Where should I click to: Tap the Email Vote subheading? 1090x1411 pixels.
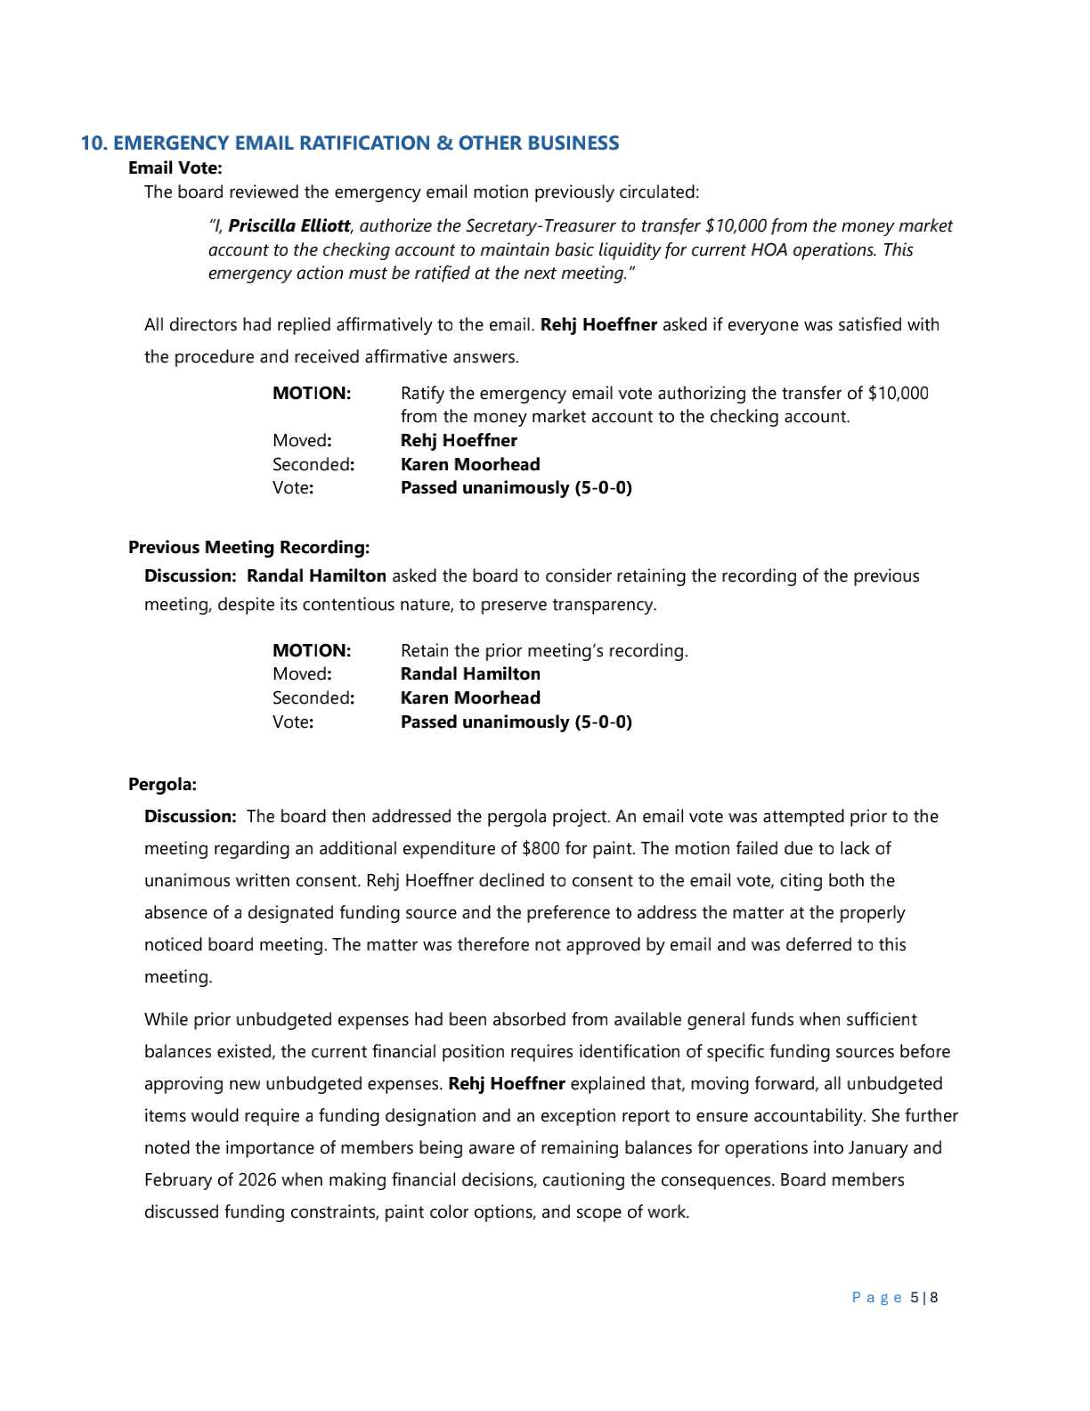[x=175, y=167]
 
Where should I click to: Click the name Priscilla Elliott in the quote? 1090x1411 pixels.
[x=289, y=226]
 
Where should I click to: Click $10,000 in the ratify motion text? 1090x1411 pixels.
[x=898, y=394]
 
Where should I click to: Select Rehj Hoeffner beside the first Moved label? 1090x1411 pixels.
[x=459, y=441]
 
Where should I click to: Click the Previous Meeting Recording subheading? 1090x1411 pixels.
[x=248, y=547]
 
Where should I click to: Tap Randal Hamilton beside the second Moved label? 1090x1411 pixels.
[x=470, y=674]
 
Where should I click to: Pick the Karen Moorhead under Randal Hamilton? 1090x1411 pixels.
[x=470, y=698]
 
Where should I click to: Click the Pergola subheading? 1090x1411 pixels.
[x=162, y=785]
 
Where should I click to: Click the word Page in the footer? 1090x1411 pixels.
[x=876, y=1298]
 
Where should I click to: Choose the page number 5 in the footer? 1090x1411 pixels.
[x=914, y=1298]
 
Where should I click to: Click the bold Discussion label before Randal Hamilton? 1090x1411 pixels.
[x=190, y=576]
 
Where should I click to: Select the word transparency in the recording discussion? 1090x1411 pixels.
[x=603, y=605]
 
